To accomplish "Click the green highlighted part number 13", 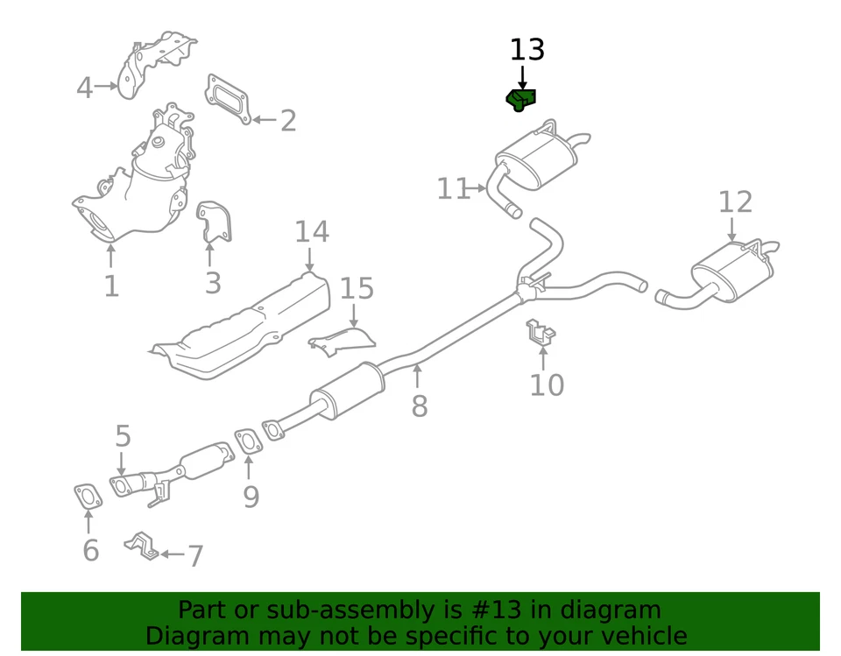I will tap(522, 100).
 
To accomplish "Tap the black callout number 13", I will tap(527, 51).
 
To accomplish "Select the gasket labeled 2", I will tap(230, 98).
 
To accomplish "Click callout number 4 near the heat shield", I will tap(84, 88).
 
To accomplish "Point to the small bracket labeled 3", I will tap(213, 221).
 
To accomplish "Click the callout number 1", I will tap(110, 286).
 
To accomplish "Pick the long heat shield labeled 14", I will tap(245, 324).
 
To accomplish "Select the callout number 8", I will tap(419, 406).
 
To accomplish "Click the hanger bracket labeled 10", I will tap(541, 332).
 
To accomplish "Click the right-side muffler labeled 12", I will tap(731, 266).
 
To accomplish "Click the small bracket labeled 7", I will tap(142, 547).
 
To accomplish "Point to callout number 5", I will tap(122, 435).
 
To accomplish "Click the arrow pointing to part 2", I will tap(264, 119).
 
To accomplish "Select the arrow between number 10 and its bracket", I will tap(543, 357).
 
